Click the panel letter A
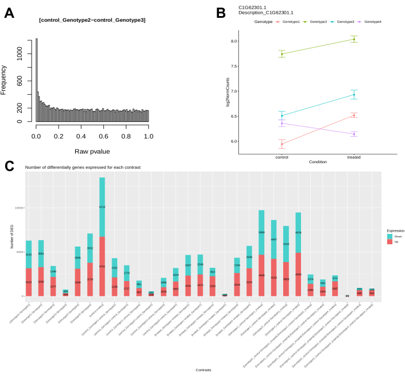pyautogui.click(x=9, y=13)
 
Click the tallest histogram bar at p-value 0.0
pyautogui.click(x=36, y=80)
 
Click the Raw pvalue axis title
pyautogui.click(x=92, y=151)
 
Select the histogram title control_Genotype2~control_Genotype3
pyautogui.click(x=92, y=20)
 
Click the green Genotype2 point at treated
pyautogui.click(x=354, y=39)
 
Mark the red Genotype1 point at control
pyautogui.click(x=282, y=144)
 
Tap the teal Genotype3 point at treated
pyautogui.click(x=354, y=94)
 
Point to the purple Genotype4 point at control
pyautogui.click(x=282, y=123)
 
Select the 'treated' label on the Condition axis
pyautogui.click(x=354, y=156)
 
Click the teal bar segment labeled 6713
pyautogui.click(x=102, y=207)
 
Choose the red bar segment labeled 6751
pyautogui.click(x=102, y=266)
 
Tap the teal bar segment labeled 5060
pyautogui.click(x=261, y=233)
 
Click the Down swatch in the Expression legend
pyautogui.click(x=389, y=236)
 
